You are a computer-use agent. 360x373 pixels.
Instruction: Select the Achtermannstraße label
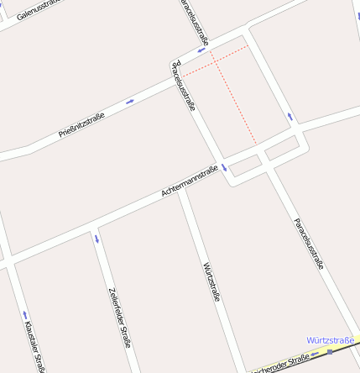189,182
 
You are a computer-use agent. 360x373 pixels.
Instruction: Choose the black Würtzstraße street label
211,281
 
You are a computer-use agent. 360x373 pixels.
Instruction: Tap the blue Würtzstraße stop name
331,340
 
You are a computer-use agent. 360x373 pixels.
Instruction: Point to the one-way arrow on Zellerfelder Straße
97,239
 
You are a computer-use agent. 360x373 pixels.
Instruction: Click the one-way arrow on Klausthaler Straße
23,316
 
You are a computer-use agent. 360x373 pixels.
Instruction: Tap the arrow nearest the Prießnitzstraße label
130,102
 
